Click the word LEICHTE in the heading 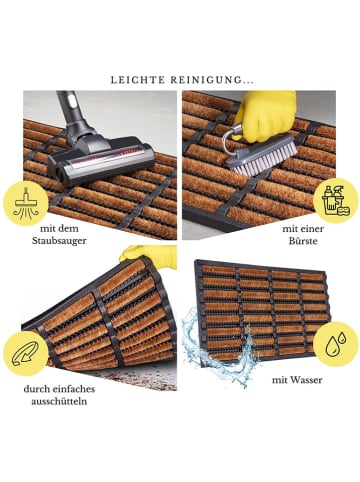coord(138,80)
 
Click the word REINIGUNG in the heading coord(206,80)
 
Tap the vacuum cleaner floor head coord(100,160)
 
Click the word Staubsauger coord(59,241)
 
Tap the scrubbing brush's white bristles coord(263,159)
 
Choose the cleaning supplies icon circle coord(336,201)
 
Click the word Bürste coord(303,241)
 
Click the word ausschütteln coord(59,401)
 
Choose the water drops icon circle coord(336,344)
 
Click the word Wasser coord(305,380)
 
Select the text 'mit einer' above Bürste coord(303,229)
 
